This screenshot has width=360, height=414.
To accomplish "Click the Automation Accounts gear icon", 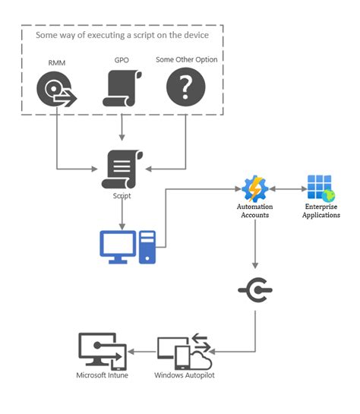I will point(255,187).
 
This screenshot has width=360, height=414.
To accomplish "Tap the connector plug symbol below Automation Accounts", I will point(255,290).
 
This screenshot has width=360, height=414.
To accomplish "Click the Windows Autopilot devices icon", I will point(185,351).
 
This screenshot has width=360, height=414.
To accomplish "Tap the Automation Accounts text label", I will point(255,210).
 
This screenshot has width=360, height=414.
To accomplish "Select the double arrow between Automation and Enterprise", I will point(287,187).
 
